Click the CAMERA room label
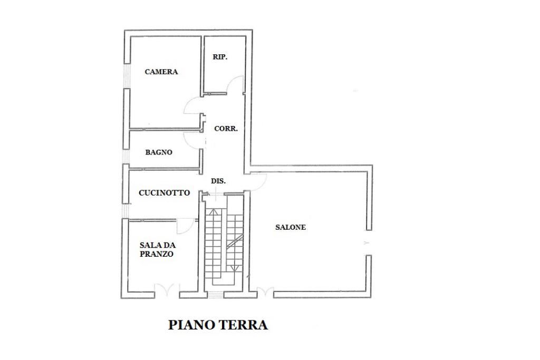[x=161, y=72]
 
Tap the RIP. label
[x=220, y=57]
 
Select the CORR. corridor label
[x=226, y=128]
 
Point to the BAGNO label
[x=159, y=152]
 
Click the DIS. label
[x=218, y=181]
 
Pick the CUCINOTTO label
[x=164, y=193]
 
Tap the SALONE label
[x=291, y=227]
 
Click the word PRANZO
[x=157, y=254]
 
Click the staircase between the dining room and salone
[x=224, y=242]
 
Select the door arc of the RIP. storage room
[x=236, y=84]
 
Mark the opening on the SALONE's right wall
[x=368, y=243]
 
